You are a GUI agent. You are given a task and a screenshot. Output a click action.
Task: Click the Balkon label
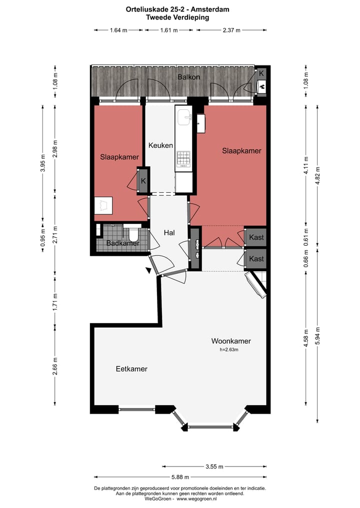(x=188, y=77)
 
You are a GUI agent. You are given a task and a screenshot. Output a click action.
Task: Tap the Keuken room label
(x=160, y=145)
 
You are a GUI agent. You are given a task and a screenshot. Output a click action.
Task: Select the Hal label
(x=169, y=233)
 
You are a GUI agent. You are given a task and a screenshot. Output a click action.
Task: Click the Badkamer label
(x=123, y=243)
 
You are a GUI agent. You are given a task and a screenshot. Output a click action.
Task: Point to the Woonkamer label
(x=231, y=341)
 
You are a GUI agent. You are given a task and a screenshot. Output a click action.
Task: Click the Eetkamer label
(x=131, y=369)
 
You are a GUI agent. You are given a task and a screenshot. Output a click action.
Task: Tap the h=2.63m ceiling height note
(x=229, y=350)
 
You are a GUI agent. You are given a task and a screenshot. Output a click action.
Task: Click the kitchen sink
(x=183, y=116)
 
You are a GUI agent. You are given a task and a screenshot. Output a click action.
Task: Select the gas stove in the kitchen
(x=183, y=159)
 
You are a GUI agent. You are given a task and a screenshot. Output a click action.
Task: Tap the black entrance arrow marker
(x=148, y=270)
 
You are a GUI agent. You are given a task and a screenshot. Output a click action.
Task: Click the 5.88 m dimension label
(x=180, y=477)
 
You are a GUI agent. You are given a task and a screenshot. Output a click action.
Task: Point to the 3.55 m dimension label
(x=214, y=467)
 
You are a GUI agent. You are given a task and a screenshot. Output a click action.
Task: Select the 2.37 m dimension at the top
(x=231, y=30)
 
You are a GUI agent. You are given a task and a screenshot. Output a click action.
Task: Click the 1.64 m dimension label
(x=118, y=30)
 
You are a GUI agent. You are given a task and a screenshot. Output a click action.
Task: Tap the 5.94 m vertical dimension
(x=318, y=336)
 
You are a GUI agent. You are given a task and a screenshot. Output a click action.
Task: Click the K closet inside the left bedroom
(x=143, y=181)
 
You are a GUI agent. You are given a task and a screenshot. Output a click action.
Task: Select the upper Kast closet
(x=256, y=237)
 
